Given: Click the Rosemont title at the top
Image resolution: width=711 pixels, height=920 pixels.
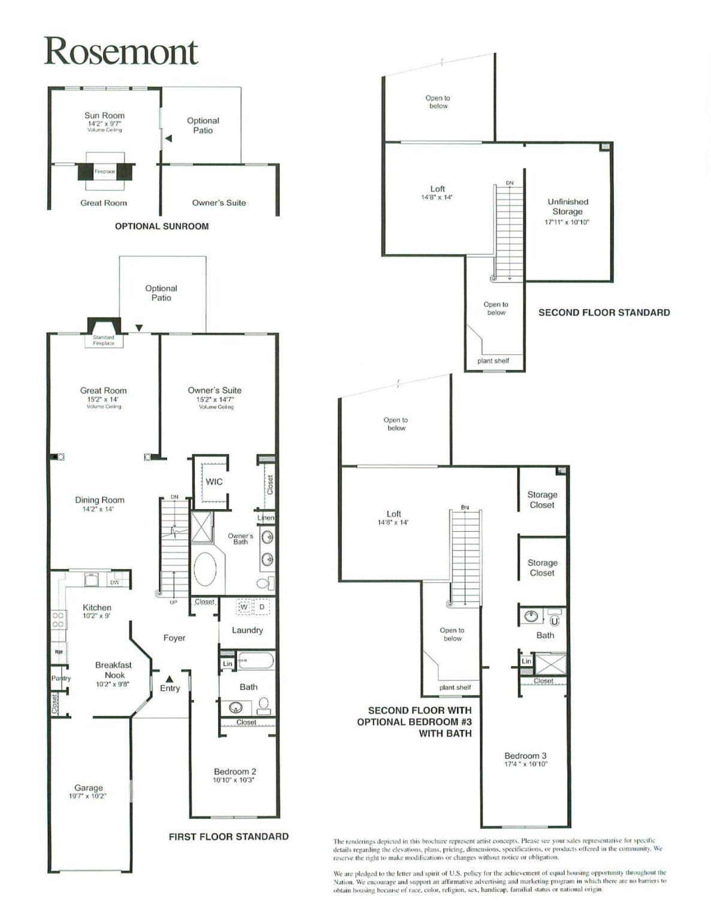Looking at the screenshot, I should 120,52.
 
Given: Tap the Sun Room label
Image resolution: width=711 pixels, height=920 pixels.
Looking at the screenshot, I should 104,116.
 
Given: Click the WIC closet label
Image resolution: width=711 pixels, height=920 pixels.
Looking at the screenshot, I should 214,482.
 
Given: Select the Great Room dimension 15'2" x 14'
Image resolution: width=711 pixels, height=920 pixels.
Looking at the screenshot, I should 104,399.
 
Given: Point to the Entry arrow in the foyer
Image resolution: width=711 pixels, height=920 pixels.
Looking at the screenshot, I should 170,679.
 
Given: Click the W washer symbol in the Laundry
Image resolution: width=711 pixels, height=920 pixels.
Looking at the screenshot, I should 244,607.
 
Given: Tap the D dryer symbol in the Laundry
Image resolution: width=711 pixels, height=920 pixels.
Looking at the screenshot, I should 262,607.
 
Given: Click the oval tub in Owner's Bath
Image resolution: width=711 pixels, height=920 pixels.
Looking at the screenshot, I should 206,570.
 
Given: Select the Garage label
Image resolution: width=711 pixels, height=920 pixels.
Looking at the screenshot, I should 89,788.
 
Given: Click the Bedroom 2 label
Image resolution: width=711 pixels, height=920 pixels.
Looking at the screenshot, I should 235,771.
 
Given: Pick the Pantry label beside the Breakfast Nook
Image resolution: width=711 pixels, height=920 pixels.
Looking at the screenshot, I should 60,679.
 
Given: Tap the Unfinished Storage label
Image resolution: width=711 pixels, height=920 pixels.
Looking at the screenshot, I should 567,207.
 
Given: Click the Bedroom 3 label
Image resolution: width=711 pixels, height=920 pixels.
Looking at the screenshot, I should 525,756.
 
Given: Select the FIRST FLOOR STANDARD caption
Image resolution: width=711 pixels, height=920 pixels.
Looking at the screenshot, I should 228,837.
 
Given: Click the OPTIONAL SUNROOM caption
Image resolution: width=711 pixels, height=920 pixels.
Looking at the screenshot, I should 162,226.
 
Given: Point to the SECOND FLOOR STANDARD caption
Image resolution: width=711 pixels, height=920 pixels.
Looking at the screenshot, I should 604,313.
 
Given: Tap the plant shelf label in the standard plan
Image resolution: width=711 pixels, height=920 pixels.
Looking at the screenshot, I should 493,361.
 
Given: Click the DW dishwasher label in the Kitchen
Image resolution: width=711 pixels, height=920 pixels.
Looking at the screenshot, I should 114,582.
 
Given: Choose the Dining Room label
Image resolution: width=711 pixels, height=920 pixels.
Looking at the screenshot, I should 99,500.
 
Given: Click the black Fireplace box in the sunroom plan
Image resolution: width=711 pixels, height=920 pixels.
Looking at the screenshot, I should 105,172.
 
